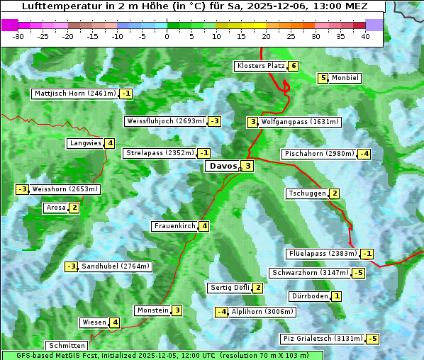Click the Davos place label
coord(223,167)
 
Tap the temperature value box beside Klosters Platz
coord(293,66)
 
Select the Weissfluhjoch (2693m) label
coord(165,121)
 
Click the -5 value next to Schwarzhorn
coord(359,273)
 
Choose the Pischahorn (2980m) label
coord(318,154)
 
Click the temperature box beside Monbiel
coord(323,78)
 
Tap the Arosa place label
coord(55,208)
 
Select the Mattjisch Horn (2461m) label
coord(74,94)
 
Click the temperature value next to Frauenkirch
coord(204,226)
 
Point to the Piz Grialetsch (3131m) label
coord(323,339)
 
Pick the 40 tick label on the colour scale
coord(365,36)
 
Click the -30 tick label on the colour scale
coord(18,36)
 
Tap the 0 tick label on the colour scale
coord(167,36)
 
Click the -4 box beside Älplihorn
coord(222,312)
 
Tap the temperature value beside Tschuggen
coord(335,193)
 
